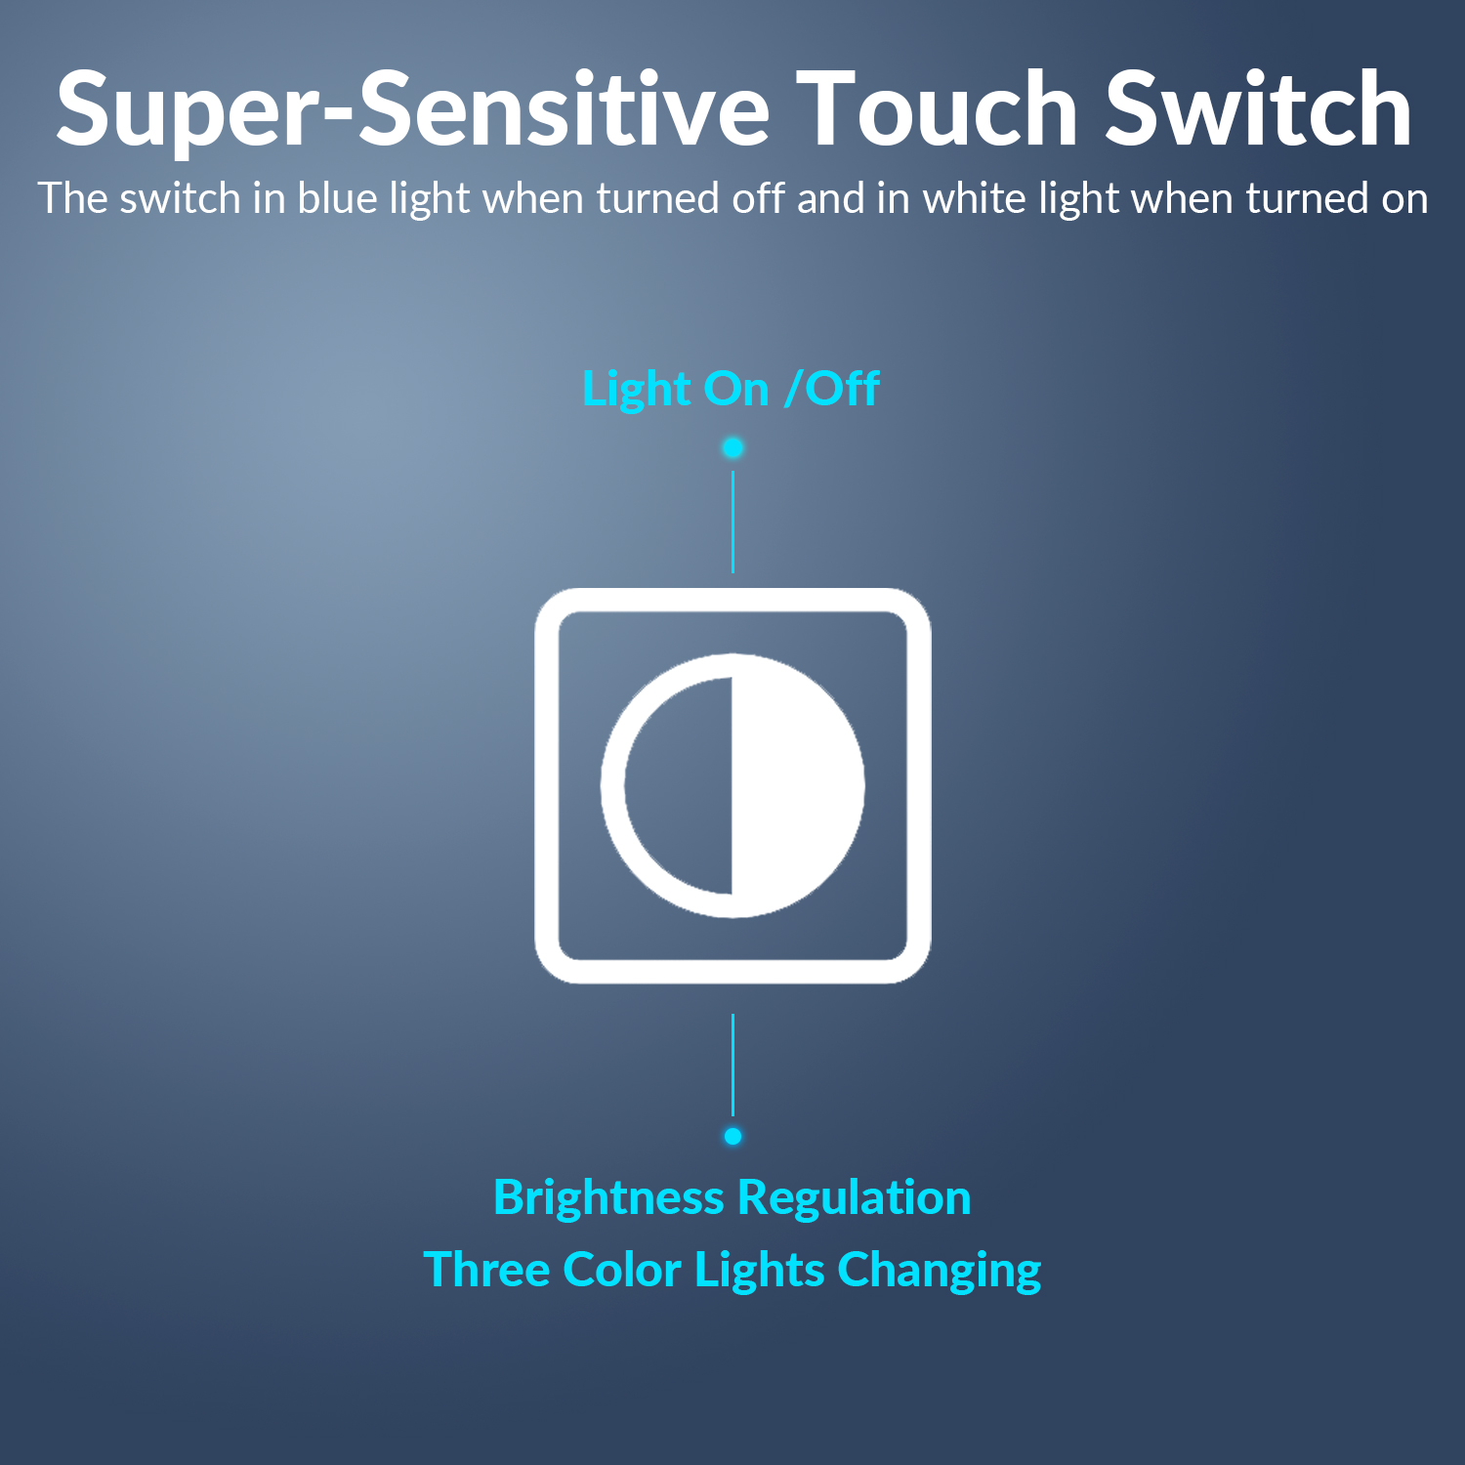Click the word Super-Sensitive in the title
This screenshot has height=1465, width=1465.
coord(413,109)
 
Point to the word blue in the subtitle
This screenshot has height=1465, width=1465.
coord(337,198)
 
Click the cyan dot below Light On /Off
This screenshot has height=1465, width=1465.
coord(732,447)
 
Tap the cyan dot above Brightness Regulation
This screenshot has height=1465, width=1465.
coord(732,1136)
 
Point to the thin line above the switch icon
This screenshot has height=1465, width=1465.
coord(732,522)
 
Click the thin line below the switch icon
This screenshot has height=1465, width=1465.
coord(732,1065)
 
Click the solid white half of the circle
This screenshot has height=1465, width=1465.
coord(796,785)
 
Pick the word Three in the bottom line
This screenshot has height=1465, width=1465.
coord(485,1270)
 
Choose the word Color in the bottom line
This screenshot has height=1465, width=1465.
coord(622,1270)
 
